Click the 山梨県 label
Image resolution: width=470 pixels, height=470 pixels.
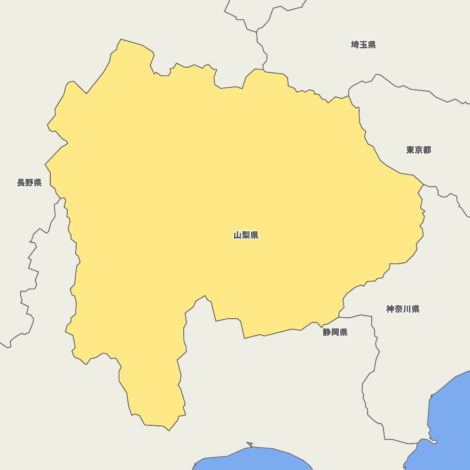[x=246, y=235]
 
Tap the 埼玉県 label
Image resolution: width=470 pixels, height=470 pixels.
[x=363, y=45]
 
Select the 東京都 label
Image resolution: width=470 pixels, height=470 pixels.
[x=418, y=150]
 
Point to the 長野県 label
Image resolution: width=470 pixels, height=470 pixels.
[x=29, y=182]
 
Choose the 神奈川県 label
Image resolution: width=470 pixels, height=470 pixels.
[x=403, y=309]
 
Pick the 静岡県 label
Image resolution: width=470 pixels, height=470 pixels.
[x=335, y=332]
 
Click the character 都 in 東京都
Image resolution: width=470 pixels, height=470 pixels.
[x=427, y=150]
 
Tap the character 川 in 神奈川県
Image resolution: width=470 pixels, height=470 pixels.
[x=407, y=309]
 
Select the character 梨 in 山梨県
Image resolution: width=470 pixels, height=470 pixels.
[x=246, y=235]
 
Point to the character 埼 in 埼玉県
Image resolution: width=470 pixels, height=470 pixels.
[x=355, y=45]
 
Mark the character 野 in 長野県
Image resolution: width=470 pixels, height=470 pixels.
[x=29, y=182]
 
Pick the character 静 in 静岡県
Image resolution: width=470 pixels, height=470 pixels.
[x=327, y=332]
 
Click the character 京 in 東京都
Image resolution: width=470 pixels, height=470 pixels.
[x=418, y=150]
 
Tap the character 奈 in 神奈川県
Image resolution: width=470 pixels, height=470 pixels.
[x=399, y=309]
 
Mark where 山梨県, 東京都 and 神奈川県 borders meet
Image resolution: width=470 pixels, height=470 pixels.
[x=423, y=184]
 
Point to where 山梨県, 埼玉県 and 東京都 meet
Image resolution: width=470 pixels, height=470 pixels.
[x=349, y=96]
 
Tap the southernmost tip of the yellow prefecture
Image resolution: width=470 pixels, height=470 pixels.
[x=169, y=431]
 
